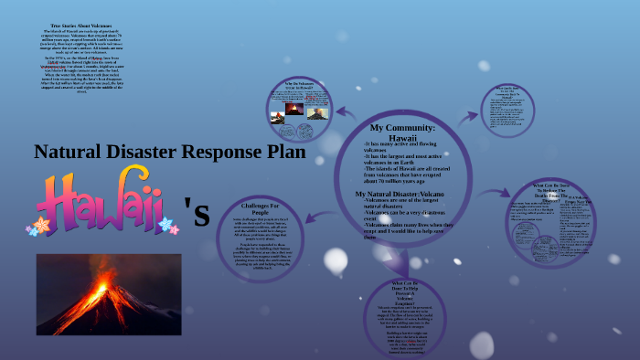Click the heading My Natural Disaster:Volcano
[x=400, y=195]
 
